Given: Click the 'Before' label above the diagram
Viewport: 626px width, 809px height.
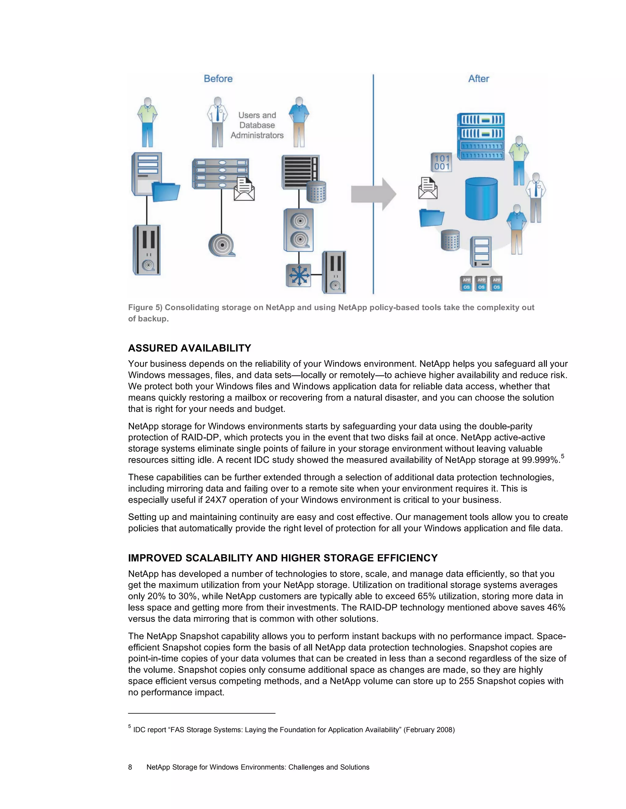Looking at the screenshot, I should click(x=218, y=78).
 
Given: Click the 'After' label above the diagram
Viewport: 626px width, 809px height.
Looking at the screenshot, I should click(x=478, y=78).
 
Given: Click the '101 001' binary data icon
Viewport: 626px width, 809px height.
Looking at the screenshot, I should click(x=441, y=162).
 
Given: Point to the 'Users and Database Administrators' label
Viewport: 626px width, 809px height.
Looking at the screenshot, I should click(x=257, y=125).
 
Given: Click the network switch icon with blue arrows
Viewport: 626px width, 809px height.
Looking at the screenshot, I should click(x=298, y=275).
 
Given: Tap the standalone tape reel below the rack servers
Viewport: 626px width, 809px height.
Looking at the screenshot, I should click(x=222, y=245).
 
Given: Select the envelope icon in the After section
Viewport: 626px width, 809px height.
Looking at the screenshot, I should click(x=428, y=188).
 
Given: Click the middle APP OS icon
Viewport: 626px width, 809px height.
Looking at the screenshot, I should click(x=481, y=283).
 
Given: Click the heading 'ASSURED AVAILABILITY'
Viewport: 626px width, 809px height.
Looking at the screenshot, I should click(x=190, y=348).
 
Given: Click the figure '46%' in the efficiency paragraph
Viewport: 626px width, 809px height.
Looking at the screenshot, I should click(x=556, y=608).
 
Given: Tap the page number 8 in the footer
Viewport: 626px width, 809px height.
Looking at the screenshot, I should click(x=130, y=767).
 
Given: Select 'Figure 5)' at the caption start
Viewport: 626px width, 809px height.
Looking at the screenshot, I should click(x=145, y=307).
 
